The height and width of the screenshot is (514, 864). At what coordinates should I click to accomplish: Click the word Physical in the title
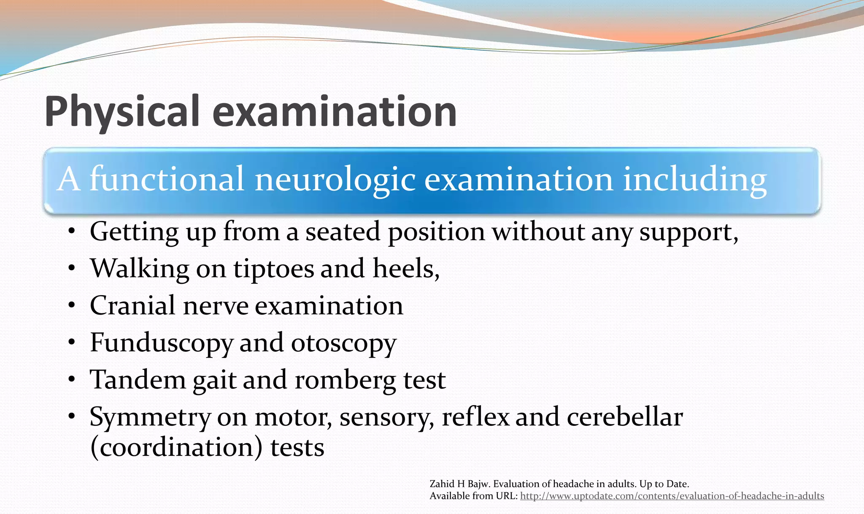121,112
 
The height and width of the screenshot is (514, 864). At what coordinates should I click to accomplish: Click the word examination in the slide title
334,112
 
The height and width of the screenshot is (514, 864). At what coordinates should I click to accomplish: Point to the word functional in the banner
167,179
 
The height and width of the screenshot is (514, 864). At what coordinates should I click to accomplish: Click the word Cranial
132,305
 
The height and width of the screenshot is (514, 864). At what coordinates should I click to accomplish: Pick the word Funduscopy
161,343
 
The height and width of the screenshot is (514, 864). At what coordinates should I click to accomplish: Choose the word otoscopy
343,343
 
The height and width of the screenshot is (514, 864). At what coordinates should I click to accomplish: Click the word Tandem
138,379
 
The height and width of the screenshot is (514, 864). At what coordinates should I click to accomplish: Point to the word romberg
345,380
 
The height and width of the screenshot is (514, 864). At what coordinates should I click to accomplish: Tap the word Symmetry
149,417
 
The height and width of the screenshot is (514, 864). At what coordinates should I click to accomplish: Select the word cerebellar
624,417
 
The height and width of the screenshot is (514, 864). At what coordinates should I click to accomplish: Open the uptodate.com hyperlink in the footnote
672,496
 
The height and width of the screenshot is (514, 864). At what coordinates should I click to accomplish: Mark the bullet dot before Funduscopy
72,342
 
